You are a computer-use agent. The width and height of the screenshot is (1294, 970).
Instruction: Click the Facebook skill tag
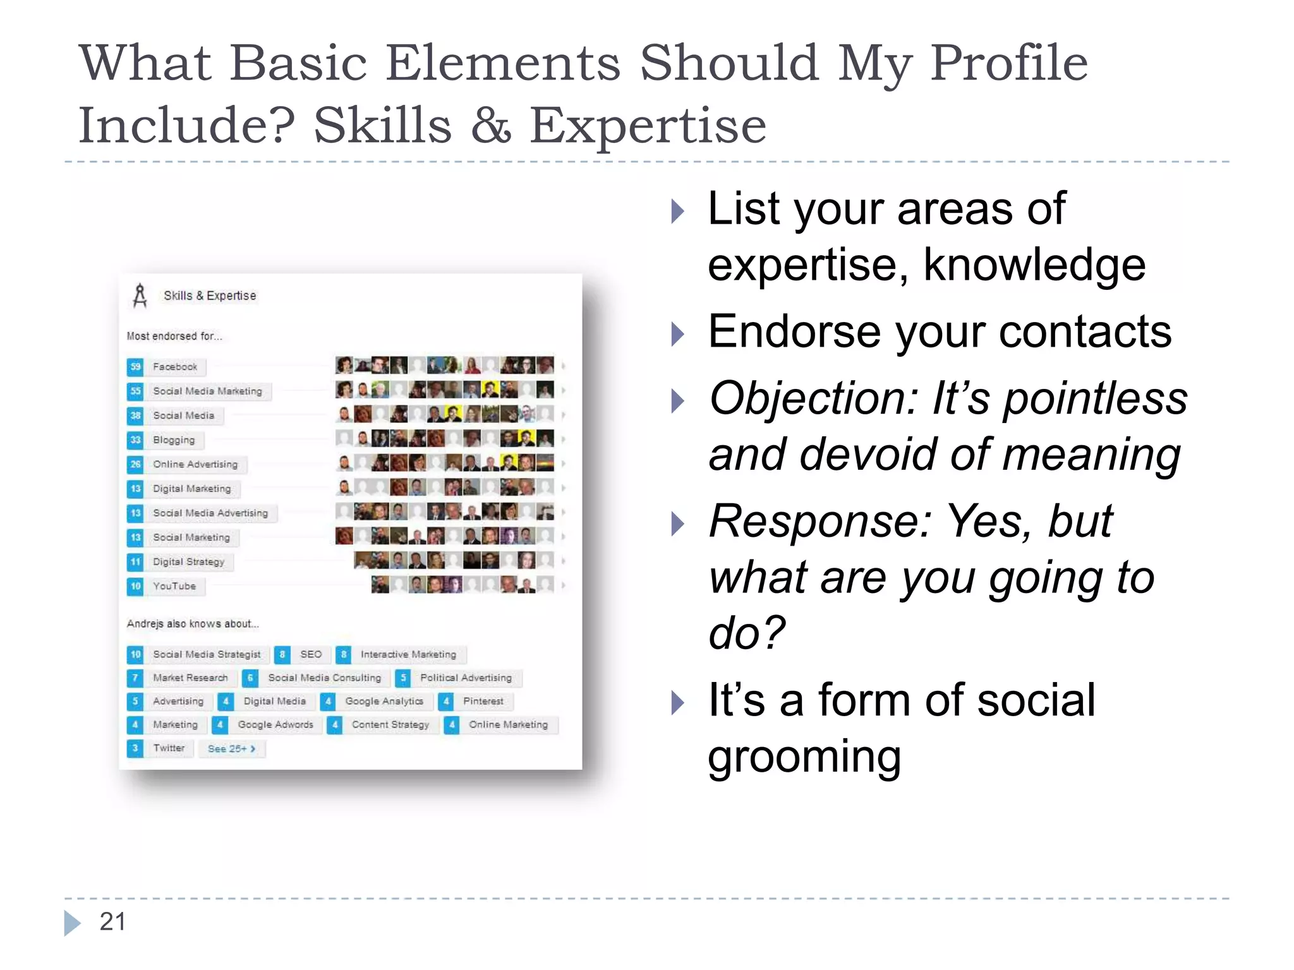[175, 367]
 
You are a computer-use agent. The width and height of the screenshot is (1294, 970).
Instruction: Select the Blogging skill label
[174, 440]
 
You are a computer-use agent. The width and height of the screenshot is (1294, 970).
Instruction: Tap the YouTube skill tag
[174, 587]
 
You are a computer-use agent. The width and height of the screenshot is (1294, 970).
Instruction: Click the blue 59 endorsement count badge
[135, 367]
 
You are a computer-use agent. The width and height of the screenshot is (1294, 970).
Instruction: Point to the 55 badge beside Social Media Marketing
[135, 392]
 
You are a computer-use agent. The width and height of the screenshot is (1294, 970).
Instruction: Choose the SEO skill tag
[310, 655]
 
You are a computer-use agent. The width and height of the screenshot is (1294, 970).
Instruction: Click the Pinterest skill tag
[483, 702]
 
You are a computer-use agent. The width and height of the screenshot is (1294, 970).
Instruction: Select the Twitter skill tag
[169, 748]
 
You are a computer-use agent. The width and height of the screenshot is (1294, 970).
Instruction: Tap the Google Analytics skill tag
[384, 702]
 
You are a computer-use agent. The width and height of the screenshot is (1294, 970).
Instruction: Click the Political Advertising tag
[466, 678]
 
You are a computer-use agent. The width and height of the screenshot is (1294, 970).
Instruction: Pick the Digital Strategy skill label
[188, 562]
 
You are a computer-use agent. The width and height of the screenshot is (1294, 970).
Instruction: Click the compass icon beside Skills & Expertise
[140, 296]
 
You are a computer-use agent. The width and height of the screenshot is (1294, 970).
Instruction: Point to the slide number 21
[112, 922]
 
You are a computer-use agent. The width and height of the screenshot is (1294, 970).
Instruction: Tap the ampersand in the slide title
[490, 125]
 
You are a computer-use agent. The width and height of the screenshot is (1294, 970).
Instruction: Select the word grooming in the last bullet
[804, 757]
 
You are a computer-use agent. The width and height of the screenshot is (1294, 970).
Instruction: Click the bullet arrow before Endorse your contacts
[677, 334]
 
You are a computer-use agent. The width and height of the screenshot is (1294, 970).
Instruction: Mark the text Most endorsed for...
[174, 337]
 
